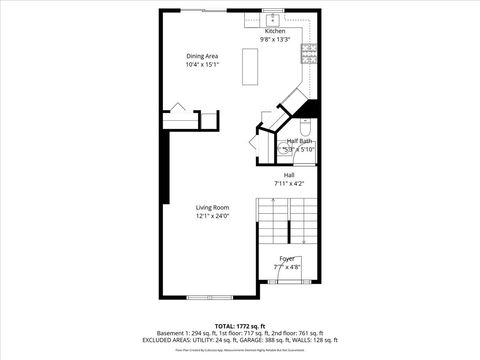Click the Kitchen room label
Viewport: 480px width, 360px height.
pyautogui.click(x=275, y=31)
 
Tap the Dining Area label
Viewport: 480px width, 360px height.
pyautogui.click(x=202, y=55)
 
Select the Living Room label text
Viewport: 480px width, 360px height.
pyautogui.click(x=212, y=207)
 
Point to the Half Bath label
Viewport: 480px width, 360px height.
pyautogui.click(x=299, y=141)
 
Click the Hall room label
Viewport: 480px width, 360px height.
pyautogui.click(x=288, y=175)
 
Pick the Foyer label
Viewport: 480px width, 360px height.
pyautogui.click(x=287, y=258)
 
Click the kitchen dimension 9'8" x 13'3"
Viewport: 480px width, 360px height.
pyautogui.click(x=275, y=40)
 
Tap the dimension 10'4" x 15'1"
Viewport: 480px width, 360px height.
pyautogui.click(x=202, y=64)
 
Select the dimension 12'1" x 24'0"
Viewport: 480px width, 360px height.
pyautogui.click(x=212, y=216)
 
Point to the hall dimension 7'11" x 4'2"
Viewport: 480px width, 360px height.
pyautogui.click(x=288, y=184)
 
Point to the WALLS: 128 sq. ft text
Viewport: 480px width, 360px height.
pyautogui.click(x=324, y=339)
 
